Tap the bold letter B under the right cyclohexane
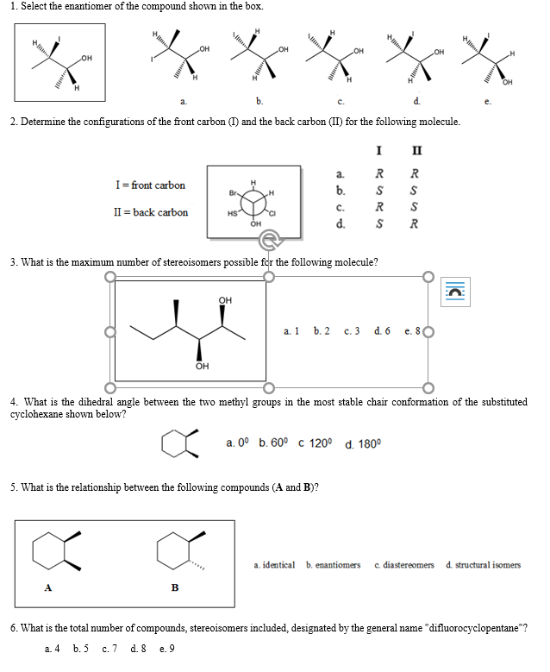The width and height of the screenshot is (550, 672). (175, 589)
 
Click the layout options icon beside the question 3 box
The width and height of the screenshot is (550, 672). (455, 291)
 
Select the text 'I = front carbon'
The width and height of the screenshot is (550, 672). (150, 185)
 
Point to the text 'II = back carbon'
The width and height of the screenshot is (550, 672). (151, 212)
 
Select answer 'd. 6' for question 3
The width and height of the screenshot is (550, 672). (383, 330)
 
